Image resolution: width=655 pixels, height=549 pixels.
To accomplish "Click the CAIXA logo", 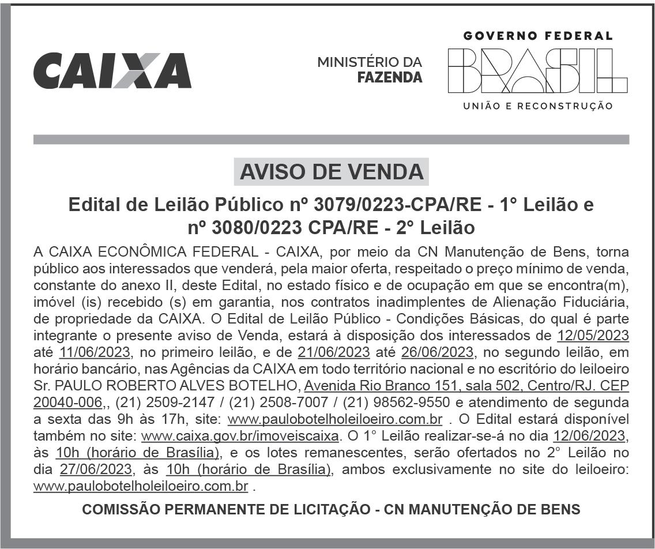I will [112, 70].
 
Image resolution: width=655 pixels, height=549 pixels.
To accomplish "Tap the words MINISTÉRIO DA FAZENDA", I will [370, 69].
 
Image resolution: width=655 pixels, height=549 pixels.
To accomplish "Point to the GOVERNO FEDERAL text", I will [537, 36].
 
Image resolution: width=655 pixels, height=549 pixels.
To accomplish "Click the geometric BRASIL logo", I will [537, 70].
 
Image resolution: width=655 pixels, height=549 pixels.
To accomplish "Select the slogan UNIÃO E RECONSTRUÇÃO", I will [537, 106].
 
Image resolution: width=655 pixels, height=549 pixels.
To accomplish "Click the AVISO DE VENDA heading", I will [331, 171].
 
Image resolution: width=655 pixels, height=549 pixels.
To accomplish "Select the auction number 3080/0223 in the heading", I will [253, 228].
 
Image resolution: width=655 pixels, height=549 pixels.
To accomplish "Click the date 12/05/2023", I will [593, 335].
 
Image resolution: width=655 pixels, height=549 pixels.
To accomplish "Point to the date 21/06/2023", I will [334, 352].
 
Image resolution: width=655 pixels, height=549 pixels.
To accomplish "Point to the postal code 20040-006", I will [67, 402].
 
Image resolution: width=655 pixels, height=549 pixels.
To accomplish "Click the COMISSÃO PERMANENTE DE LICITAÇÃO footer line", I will [331, 510].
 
